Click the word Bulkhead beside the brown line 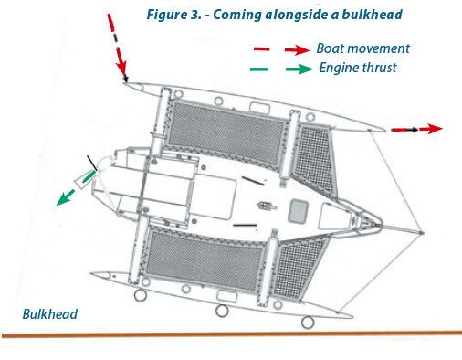tap(50, 314)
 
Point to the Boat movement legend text tap(363, 48)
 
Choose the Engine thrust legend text tap(358, 68)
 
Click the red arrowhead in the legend tap(302, 49)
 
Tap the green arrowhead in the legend tap(304, 69)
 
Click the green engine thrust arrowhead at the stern tap(64, 198)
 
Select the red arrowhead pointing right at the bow tap(435, 129)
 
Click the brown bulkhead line tap(231, 334)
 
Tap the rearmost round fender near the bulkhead tap(140, 295)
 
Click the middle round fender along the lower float tap(222, 311)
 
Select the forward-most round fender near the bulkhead tap(308, 322)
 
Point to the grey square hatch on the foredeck tap(299, 211)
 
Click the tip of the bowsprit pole tap(422, 233)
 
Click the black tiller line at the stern tap(92, 164)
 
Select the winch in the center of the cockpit tap(267, 206)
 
